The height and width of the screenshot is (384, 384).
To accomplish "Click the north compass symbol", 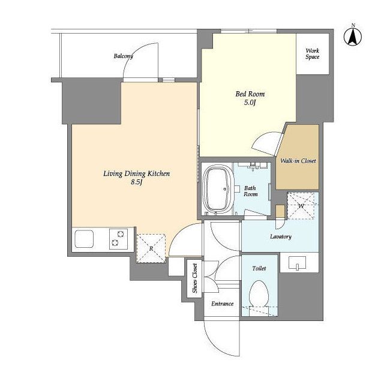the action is pos(353,37).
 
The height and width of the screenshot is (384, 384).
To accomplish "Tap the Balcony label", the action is pos(123,56).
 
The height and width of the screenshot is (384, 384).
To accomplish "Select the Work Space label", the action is pos(312,54).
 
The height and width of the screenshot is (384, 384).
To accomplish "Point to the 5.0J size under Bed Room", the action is pos(250,103).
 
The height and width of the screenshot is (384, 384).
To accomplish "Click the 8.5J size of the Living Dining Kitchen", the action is pos(136,182).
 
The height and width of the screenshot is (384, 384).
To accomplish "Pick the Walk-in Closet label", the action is pos(298,161).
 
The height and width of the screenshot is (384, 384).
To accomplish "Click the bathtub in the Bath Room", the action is pos(217,189).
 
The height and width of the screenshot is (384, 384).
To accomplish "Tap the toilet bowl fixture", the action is pos(259,294).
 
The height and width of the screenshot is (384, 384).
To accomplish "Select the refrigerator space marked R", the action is pos(151,248).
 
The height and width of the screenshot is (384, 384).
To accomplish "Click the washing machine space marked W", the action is pos(301,206).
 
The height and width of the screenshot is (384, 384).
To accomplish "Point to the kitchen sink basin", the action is pos(84,238).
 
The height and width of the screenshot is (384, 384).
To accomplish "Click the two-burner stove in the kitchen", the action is pos(118,239).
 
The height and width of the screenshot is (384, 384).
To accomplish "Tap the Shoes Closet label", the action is pos(194,278).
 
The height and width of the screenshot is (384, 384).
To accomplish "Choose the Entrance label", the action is pos(223,304).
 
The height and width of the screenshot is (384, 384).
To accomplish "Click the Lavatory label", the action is pos(281,236).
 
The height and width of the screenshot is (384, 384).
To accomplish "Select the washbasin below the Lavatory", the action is pos(298,263).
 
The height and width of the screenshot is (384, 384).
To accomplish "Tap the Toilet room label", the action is pos(259,268).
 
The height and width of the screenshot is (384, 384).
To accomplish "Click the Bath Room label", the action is pos(250,191).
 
